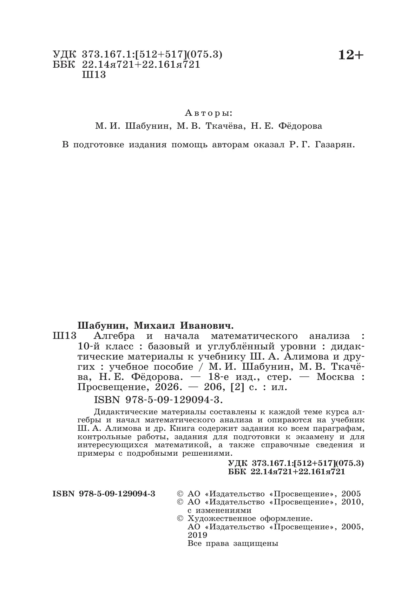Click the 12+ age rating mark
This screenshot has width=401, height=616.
pos(351,55)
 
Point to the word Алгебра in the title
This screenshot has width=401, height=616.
pos(114,336)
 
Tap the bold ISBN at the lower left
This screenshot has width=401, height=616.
pos(104,494)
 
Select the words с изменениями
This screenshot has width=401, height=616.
pos(219,510)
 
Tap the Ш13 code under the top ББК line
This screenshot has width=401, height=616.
pos(93,75)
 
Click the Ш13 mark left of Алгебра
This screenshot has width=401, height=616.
pos(64,336)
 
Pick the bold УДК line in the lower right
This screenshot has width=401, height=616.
pos(296,463)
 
